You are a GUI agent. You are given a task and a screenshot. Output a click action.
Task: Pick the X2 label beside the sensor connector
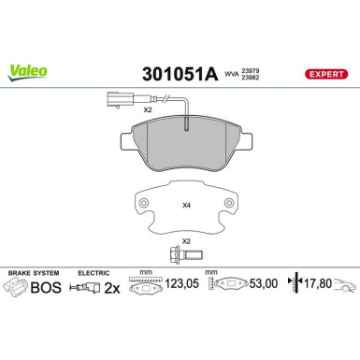tap(148, 110)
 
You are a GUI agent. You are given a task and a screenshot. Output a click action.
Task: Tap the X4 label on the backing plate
tap(186, 204)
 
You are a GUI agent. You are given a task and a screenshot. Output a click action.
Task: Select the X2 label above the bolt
tap(186, 241)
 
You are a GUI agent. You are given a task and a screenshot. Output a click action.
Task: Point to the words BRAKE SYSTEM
tap(31, 271)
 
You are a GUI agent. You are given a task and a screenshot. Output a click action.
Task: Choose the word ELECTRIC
tap(94, 271)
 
